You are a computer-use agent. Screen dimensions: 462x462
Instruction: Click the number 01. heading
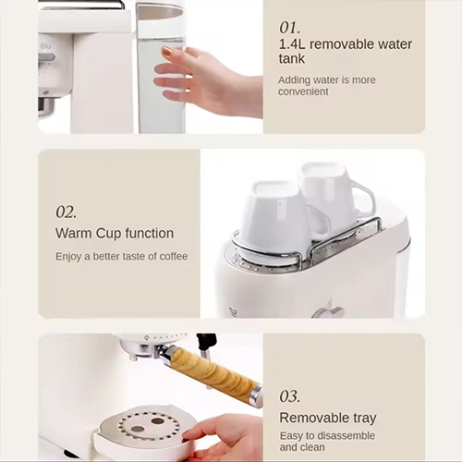[290, 28]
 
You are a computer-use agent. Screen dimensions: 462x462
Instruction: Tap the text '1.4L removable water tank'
[346, 52]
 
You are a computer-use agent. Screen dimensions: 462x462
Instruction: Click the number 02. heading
[66, 212]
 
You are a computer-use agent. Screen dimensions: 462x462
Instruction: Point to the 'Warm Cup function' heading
[114, 234]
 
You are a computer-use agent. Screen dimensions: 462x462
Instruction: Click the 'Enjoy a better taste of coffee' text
[121, 256]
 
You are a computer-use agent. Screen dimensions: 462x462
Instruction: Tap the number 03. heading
[290, 396]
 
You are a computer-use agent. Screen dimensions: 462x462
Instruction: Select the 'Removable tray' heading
[328, 418]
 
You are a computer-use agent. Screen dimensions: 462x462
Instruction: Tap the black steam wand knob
[206, 342]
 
